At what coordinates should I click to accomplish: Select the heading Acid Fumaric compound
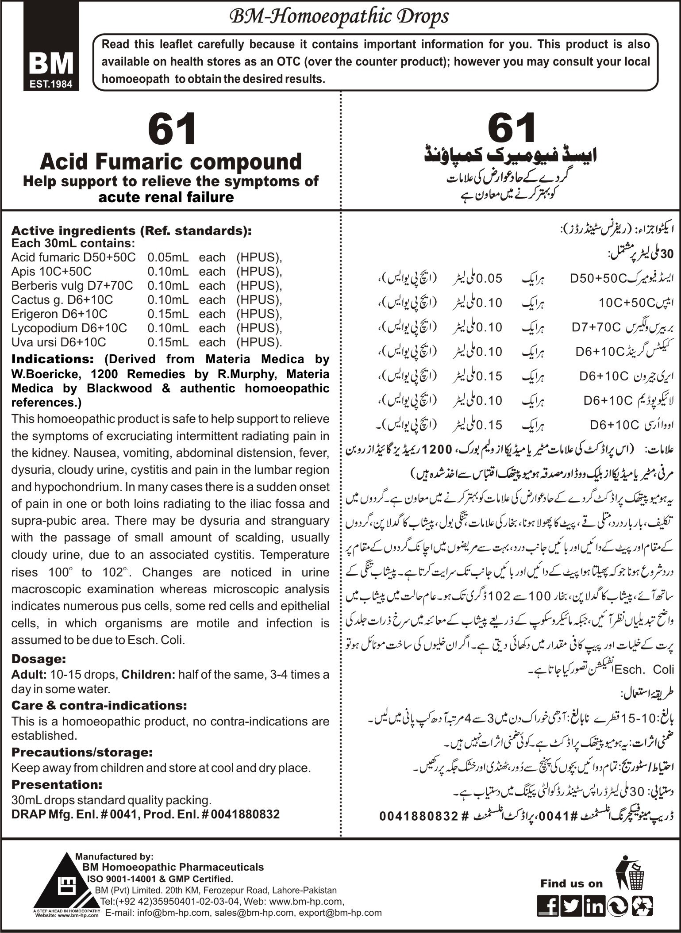point(171,161)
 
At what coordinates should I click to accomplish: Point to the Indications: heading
point(53,359)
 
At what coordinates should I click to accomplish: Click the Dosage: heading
point(38,659)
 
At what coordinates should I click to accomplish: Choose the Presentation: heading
point(57,784)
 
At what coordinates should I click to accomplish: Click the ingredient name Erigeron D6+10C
point(59,314)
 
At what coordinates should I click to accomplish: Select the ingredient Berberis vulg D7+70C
point(72,286)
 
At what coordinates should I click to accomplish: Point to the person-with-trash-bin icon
point(630,857)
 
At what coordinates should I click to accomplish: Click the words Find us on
point(571,871)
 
